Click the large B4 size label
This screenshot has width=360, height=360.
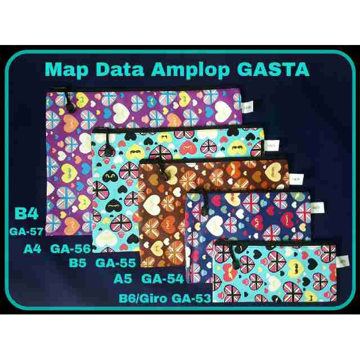(x=26, y=215)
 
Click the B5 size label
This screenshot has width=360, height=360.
(x=77, y=262)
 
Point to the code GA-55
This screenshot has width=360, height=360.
(x=115, y=262)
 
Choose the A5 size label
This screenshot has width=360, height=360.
(x=122, y=278)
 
